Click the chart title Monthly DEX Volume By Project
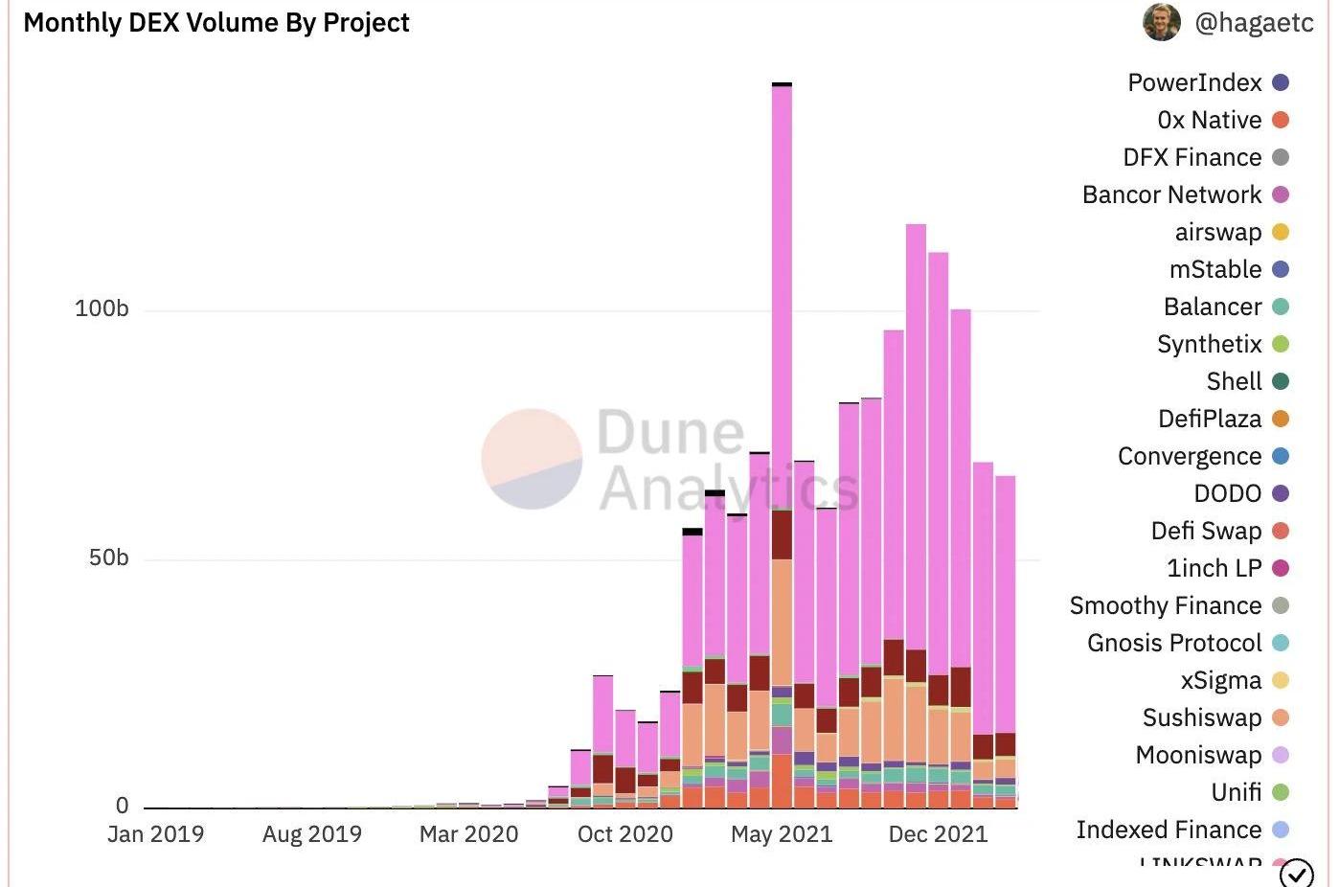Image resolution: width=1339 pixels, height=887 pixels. [x=216, y=23]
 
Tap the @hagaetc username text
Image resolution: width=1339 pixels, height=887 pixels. [x=1255, y=23]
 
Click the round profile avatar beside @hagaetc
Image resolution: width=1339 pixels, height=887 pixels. [x=1162, y=22]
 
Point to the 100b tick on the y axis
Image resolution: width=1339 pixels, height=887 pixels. [x=102, y=308]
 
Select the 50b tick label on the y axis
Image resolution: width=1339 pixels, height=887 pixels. [x=108, y=557]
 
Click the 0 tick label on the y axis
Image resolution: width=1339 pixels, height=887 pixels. [x=122, y=806]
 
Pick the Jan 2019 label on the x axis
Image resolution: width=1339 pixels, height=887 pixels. [x=155, y=834]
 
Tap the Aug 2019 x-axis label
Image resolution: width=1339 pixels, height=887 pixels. [x=312, y=834]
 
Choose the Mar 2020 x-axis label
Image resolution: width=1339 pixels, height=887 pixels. [x=468, y=834]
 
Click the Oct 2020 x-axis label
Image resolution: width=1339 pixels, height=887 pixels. [x=624, y=834]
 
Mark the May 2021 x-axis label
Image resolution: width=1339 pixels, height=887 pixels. [x=782, y=834]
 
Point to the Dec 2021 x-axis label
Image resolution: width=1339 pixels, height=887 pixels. [x=938, y=834]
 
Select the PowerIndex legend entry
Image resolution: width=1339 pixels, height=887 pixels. [x=1194, y=82]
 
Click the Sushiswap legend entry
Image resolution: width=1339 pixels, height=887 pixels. [x=1202, y=717]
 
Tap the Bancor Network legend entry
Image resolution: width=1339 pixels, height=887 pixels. [x=1171, y=194]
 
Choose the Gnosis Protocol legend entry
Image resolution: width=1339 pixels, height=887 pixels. [x=1174, y=643]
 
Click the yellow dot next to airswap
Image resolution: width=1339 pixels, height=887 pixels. [x=1281, y=232]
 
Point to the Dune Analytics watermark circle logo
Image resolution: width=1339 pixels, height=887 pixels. [x=532, y=459]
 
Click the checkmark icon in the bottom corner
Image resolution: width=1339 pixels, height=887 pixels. [x=1296, y=873]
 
